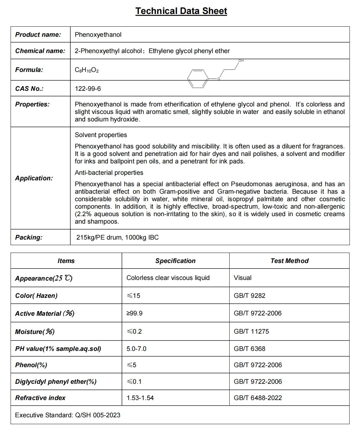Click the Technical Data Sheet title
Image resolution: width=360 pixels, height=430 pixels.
181,11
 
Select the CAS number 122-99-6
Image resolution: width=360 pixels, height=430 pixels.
88,89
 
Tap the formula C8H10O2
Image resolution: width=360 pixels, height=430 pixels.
87,70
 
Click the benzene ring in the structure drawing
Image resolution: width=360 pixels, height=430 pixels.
198,78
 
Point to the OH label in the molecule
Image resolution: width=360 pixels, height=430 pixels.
241,61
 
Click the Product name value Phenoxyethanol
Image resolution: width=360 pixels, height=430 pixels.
98,35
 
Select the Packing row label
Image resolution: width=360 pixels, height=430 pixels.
29,237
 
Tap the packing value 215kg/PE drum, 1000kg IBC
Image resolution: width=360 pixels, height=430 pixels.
117,237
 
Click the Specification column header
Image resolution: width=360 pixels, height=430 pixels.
175,261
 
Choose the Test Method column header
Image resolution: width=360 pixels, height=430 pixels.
289,261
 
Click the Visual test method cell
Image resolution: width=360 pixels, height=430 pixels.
243,278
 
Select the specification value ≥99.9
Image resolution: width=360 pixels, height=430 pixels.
135,313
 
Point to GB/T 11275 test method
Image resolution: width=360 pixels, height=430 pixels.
251,331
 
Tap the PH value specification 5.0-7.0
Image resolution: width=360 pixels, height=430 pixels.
136,349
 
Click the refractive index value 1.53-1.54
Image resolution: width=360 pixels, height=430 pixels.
140,398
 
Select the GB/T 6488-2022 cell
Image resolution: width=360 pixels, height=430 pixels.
258,398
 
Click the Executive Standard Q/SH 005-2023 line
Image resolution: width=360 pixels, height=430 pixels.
68,415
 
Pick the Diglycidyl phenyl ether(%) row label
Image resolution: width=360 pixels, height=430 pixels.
56,381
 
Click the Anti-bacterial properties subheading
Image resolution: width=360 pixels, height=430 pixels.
109,173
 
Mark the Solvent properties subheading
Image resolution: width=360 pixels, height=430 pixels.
101,135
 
